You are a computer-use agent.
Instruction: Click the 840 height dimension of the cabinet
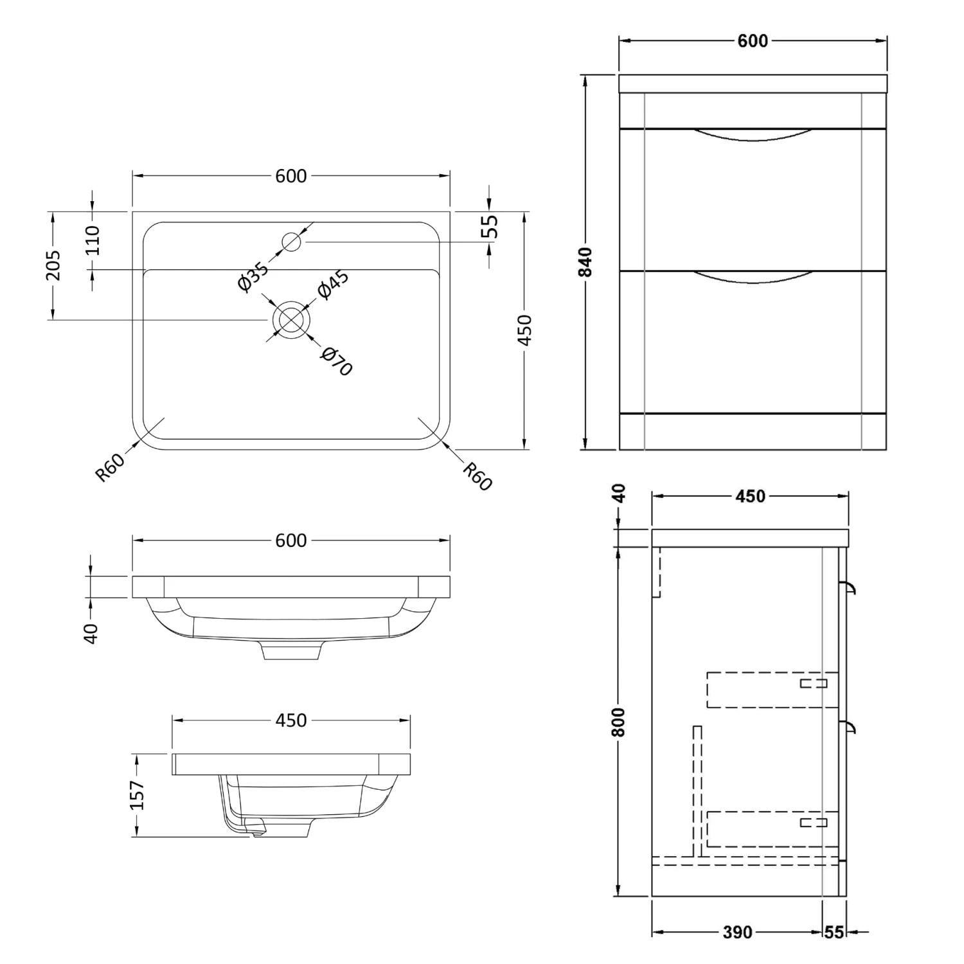[x=585, y=262]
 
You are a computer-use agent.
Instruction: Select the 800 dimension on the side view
[x=618, y=721]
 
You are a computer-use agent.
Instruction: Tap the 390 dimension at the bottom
[x=736, y=932]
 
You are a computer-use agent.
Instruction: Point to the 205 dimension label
[x=54, y=265]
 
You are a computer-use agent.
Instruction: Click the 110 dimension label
[x=93, y=240]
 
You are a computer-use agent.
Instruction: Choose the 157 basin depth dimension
[x=137, y=795]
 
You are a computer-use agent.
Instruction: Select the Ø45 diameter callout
[x=334, y=285]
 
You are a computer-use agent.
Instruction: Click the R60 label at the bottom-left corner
[x=109, y=467]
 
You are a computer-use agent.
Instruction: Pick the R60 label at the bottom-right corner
[x=477, y=476]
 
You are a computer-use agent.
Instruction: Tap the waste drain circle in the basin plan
[x=291, y=319]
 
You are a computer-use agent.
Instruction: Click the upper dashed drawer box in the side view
[x=772, y=690]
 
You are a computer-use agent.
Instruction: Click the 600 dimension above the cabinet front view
[x=753, y=41]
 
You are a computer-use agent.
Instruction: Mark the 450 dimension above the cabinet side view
[x=750, y=496]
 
